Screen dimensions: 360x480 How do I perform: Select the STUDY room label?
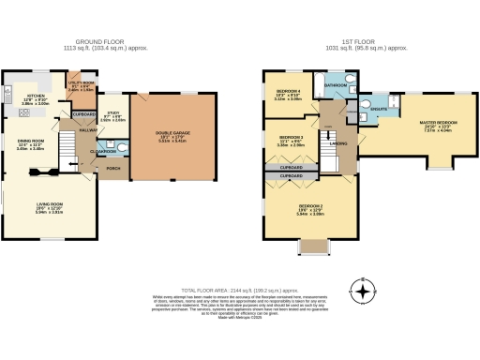pos(112,113)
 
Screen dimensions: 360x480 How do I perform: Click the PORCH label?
pos(113,169)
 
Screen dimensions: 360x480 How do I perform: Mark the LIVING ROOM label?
pos(48,205)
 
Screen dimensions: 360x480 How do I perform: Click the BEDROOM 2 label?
pos(310,205)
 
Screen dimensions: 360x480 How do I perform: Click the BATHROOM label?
pos(336,85)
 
